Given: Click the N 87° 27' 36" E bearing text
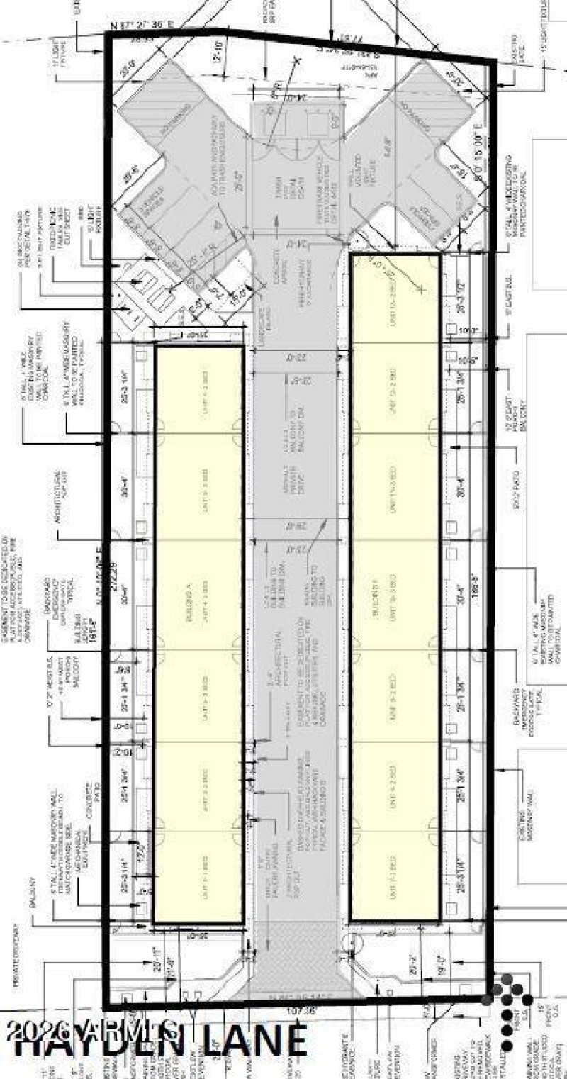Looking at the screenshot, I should point(142,27).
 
